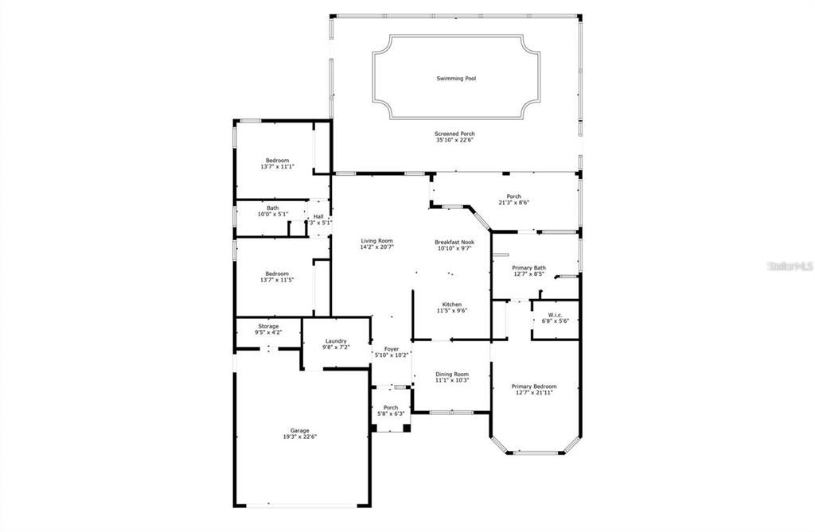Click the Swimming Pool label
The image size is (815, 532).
[x=456, y=79]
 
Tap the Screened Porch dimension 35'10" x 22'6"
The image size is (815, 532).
[x=455, y=141]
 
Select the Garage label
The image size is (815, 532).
[x=299, y=430]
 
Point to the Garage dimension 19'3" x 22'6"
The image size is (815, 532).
[x=299, y=437]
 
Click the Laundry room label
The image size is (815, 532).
[x=335, y=341]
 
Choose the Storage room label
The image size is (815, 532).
[x=267, y=326]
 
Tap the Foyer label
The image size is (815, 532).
[x=391, y=348]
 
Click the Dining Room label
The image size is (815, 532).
[x=451, y=374]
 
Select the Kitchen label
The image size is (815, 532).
[x=452, y=305]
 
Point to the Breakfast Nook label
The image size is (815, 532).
[x=454, y=242]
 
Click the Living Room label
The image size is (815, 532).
[x=376, y=241]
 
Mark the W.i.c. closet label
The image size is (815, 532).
[x=556, y=314]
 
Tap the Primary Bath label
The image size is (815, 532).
[x=528, y=268]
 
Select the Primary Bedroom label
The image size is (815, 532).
[x=533, y=386]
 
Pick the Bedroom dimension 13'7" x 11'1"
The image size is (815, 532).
[x=277, y=167]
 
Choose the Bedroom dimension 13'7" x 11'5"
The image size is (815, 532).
[x=277, y=280]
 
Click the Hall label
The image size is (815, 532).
[x=318, y=216]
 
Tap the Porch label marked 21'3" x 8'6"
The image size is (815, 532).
[x=514, y=196]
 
